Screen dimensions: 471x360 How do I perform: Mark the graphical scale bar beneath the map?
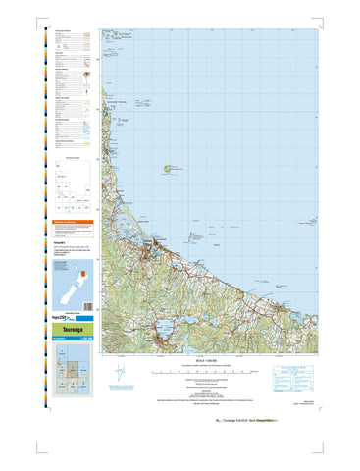209,373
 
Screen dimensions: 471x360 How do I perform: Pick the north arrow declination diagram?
119,376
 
